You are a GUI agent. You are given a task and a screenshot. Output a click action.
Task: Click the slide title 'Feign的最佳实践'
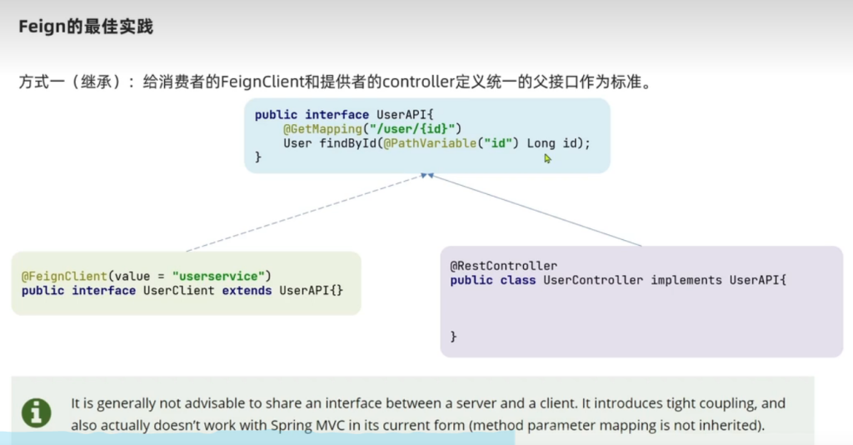(86, 27)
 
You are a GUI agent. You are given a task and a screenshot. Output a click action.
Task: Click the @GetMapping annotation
(322, 129)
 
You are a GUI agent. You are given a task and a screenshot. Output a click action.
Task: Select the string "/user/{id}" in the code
(412, 129)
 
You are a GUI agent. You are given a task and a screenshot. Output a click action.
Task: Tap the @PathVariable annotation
(430, 143)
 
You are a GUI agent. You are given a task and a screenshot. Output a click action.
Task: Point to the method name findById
(347, 143)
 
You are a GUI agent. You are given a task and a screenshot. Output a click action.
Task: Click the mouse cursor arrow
(547, 158)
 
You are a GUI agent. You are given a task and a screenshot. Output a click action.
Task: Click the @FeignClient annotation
(64, 277)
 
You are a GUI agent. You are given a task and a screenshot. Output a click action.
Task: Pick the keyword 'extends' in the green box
(247, 291)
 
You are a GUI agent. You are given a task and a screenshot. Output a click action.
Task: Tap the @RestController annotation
(504, 266)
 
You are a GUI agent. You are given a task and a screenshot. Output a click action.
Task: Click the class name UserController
(594, 280)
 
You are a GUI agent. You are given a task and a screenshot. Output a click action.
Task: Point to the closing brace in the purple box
(454, 337)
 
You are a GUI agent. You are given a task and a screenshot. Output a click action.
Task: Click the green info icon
(37, 412)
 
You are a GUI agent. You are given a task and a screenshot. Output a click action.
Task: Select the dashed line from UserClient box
(305, 212)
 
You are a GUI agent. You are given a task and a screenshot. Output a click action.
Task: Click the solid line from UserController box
(536, 210)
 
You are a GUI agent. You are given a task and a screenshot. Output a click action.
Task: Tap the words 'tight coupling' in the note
(705, 403)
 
